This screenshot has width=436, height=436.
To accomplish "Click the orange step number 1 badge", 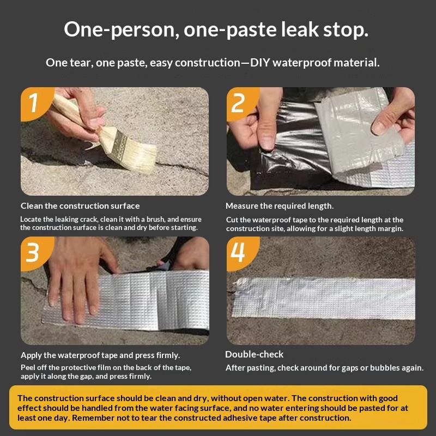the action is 35,102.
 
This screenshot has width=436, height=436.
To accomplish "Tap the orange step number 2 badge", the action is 241,102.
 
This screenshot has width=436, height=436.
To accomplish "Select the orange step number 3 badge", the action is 35,252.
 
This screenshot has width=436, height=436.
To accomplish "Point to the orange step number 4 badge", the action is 241,252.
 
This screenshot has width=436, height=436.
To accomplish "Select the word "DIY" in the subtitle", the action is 260,63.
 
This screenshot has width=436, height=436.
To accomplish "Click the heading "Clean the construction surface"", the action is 80,206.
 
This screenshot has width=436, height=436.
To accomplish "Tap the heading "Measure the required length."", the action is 280,206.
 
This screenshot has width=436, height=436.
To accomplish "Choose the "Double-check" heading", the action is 254,355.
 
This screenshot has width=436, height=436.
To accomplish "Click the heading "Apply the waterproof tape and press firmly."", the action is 100,355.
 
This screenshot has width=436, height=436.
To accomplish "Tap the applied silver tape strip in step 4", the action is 323,298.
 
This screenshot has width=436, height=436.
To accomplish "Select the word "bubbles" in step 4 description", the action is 385,367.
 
